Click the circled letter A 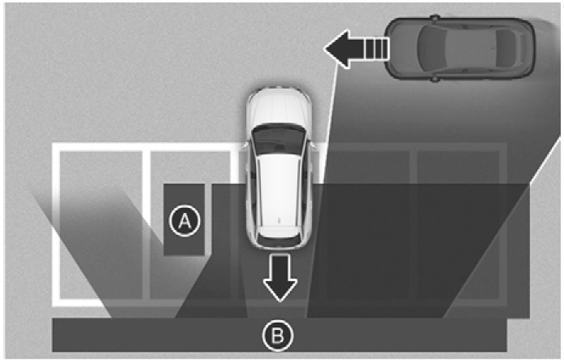tap(184, 221)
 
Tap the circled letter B tap(278, 335)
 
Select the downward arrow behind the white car tap(280, 277)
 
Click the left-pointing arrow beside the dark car tap(356, 50)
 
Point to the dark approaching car tap(460, 48)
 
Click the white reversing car tap(279, 168)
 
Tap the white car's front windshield tap(279, 138)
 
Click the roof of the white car tap(279, 191)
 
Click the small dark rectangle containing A tap(184, 219)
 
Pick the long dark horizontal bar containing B tap(279, 335)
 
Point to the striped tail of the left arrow tap(376, 50)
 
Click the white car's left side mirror tap(245, 145)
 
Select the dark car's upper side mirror tap(436, 17)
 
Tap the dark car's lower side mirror tap(436, 79)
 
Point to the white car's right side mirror tap(313, 145)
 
